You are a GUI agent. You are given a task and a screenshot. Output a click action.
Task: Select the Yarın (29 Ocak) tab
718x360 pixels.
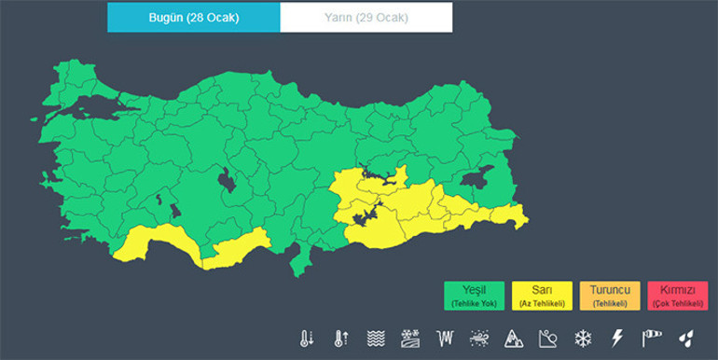click(366, 18)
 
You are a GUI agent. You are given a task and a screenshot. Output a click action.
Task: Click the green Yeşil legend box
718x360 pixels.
click(474, 296)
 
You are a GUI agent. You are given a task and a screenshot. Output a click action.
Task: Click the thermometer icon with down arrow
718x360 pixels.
click(307, 338)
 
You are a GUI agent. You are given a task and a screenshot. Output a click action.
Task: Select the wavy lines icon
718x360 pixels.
click(376, 338)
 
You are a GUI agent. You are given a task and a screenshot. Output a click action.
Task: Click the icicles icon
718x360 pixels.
click(445, 338)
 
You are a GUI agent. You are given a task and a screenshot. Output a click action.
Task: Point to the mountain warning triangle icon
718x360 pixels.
click(514, 338)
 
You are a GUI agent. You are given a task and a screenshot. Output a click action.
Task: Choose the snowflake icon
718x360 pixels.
click(583, 338)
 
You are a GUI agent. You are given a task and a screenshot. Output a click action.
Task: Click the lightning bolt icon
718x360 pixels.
click(616, 338)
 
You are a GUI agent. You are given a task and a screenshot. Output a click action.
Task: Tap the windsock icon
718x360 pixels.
click(651, 338)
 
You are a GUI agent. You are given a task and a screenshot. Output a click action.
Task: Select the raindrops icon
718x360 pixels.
click(685, 338)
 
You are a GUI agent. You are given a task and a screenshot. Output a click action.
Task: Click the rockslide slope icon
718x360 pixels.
click(548, 338)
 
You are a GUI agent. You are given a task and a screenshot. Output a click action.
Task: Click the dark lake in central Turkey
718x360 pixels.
click(225, 179)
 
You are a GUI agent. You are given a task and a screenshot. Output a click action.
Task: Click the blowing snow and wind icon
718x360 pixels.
click(479, 338)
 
